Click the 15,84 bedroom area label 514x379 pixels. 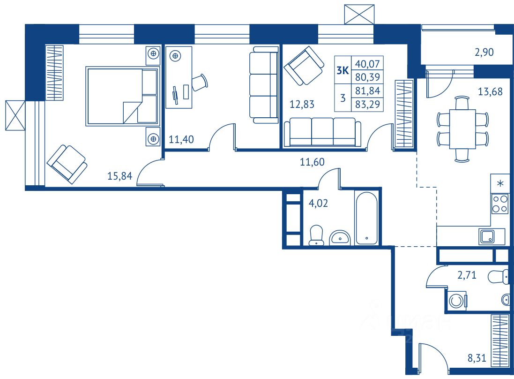120,176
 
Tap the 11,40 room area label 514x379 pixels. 181,139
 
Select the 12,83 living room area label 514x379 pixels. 302,104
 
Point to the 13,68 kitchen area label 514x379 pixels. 490,92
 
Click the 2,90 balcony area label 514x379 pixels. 485,53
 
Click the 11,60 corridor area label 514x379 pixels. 313,162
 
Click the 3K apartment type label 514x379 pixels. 343,71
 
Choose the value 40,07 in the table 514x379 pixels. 368,63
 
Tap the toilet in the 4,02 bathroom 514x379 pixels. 317,235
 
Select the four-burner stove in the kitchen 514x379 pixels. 499,204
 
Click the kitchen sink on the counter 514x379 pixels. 485,237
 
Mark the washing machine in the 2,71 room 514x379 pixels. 457,300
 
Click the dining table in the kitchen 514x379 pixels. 462,129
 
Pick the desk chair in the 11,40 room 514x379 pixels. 199,83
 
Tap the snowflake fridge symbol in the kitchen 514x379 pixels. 500,183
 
